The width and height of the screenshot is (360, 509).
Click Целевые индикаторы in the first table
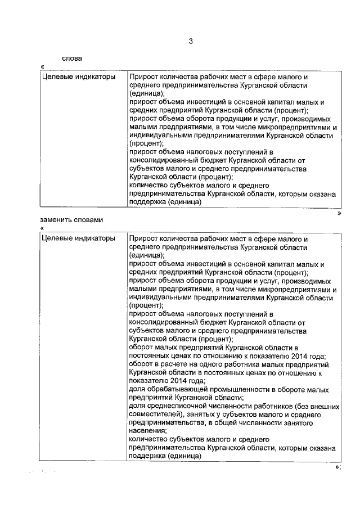(x=79, y=76)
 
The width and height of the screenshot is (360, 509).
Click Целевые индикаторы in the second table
(x=79, y=238)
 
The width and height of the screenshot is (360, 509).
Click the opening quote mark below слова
(x=43, y=67)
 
